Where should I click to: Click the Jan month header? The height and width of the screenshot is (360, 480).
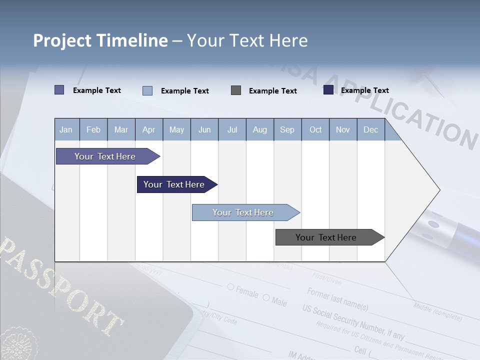coord(66,129)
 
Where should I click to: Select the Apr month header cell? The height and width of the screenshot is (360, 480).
coord(149,129)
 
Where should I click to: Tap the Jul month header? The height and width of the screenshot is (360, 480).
coord(232,129)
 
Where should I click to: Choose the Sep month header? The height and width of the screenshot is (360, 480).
coord(287,129)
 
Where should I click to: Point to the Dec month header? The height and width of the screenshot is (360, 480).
coord(370,129)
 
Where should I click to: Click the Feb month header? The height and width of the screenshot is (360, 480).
coord(93,129)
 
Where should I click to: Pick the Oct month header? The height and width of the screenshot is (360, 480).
coord(315,129)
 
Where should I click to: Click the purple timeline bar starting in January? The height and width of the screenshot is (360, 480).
coord(105,156)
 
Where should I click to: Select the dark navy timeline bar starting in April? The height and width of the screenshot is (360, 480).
coord(174,184)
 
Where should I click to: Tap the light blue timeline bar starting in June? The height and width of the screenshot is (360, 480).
coord(243,212)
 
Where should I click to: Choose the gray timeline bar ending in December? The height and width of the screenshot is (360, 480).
coord(326,237)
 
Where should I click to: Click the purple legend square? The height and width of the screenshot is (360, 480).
coord(59,90)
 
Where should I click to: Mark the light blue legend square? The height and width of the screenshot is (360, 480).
coord(147,90)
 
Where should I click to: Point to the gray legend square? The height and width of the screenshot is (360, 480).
coord(236,90)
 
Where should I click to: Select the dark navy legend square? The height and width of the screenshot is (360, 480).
coord(328,90)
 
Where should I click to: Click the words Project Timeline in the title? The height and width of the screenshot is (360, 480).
coord(100,40)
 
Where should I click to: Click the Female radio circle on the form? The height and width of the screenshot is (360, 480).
coord(230,287)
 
